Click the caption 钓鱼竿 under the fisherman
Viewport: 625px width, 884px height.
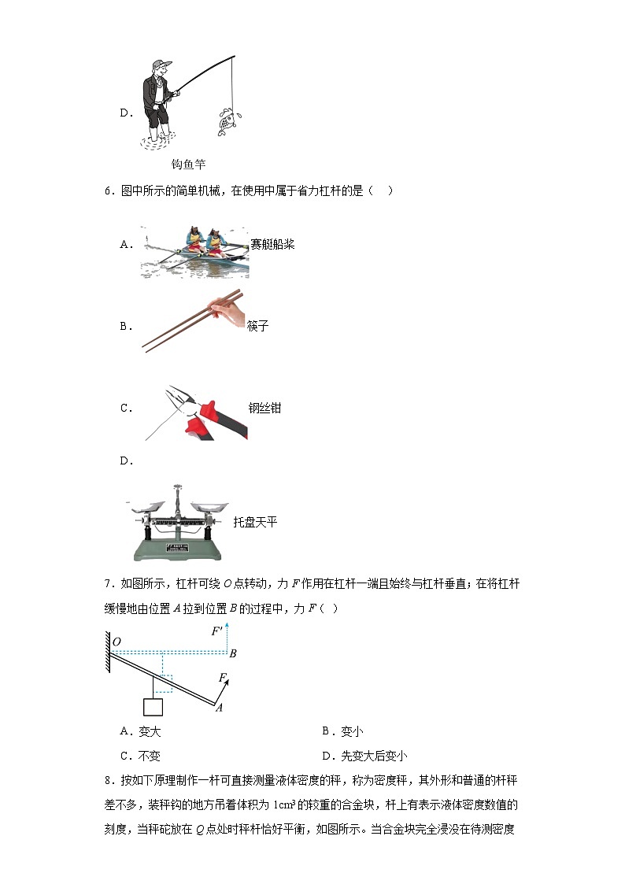pyautogui.click(x=188, y=165)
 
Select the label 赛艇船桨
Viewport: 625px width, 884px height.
pyautogui.click(x=272, y=244)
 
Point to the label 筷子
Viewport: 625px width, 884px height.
pyautogui.click(x=258, y=326)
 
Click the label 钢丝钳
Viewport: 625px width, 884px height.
pyautogui.click(x=265, y=408)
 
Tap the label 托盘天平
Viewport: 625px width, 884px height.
pyautogui.click(x=256, y=522)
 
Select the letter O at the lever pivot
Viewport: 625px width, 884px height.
pyautogui.click(x=116, y=642)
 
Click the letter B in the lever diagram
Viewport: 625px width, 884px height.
pyautogui.click(x=233, y=653)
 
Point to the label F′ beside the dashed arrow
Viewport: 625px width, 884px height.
pyautogui.click(x=217, y=631)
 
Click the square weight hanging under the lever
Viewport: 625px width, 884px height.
pyautogui.click(x=153, y=706)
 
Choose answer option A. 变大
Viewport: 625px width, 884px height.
pyautogui.click(x=140, y=731)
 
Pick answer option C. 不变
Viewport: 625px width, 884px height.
pyautogui.click(x=140, y=756)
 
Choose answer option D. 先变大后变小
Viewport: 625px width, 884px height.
pyautogui.click(x=364, y=756)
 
